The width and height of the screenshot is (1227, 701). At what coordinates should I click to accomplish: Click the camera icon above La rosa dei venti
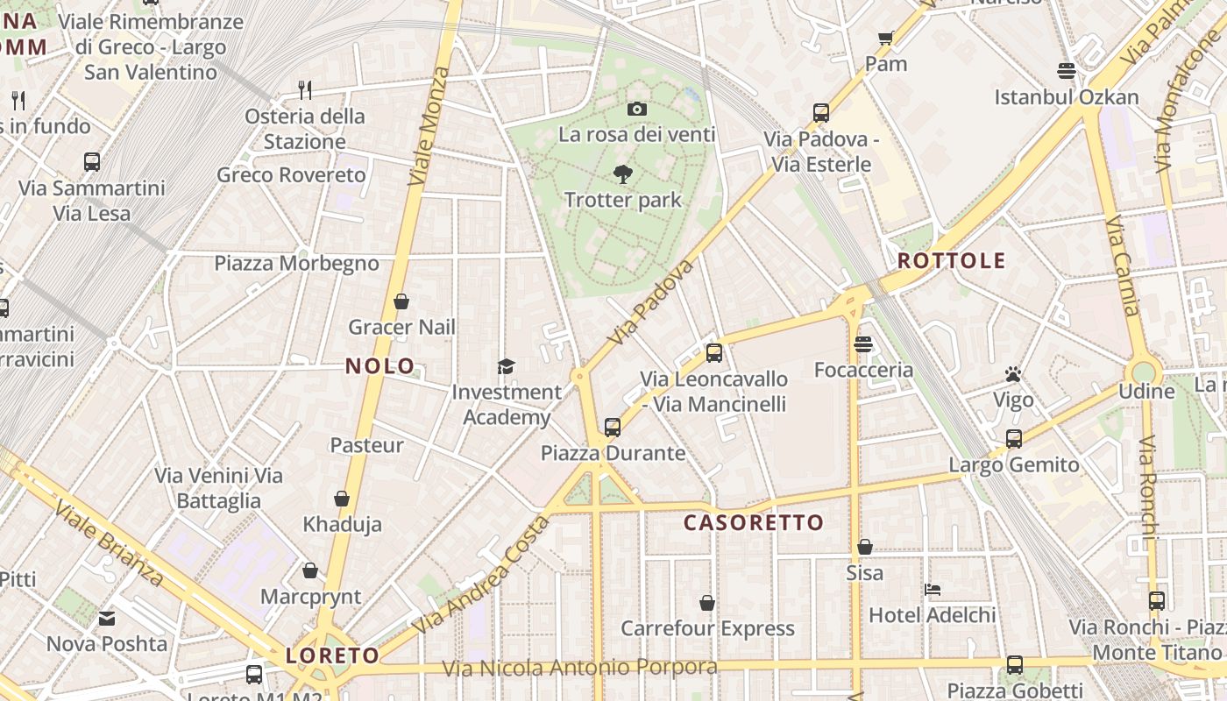pos(637,110)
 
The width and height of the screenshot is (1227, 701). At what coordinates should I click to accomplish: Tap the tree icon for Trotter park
pos(623,173)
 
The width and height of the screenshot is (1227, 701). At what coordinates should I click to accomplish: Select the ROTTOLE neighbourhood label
pos(951,261)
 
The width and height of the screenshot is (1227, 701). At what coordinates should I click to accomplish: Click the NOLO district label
pos(380,366)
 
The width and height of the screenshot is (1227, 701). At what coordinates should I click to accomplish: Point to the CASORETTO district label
pos(754,523)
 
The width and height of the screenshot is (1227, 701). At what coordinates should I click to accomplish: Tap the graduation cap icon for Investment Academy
pos(506,366)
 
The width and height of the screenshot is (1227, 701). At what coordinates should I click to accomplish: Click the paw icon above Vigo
pos(1013,375)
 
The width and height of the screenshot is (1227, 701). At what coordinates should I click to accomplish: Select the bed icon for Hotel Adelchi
pos(933,590)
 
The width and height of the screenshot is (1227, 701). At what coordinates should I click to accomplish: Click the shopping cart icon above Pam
pos(885,39)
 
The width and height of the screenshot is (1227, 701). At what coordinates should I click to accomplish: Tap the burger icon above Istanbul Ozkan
pos(1067,70)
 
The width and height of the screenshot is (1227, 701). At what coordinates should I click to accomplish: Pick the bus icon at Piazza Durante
pos(613,428)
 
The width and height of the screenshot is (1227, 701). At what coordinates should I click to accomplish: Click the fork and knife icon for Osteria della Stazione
pos(304,89)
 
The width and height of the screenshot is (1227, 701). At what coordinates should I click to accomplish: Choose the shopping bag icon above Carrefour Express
pos(707,603)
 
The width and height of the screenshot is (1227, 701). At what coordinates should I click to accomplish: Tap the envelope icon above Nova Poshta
pos(107,619)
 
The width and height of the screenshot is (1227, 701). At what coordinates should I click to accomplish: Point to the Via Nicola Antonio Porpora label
pos(579,668)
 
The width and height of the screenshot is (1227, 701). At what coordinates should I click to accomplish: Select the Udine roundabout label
pos(1146,391)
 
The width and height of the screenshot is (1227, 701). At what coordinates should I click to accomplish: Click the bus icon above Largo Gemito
pos(1014,439)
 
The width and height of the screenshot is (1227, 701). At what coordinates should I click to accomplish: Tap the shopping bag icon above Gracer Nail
pos(401,301)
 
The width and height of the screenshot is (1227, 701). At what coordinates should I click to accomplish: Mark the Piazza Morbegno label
pos(296,263)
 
